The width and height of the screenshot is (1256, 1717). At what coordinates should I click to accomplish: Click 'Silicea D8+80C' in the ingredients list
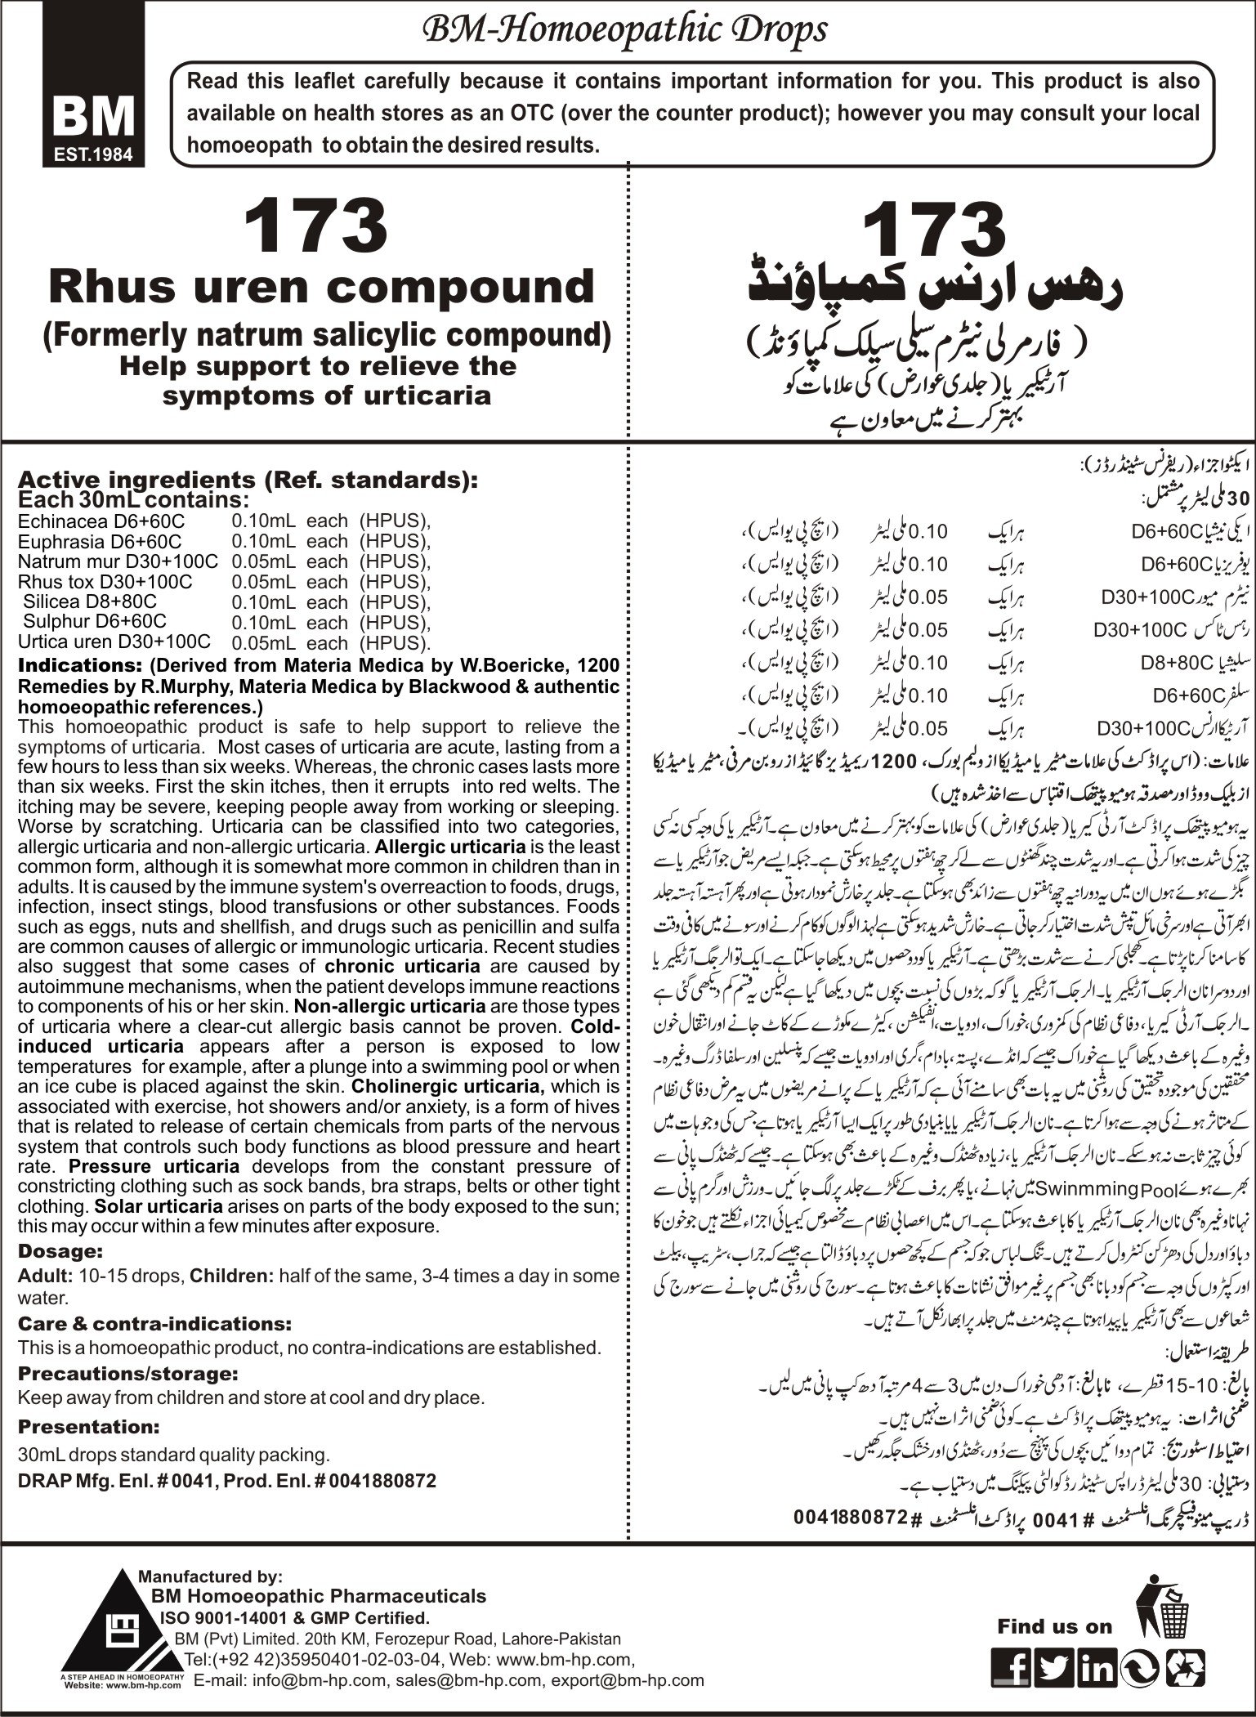tap(78, 601)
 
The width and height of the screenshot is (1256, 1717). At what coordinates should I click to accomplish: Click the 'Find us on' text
tap(1054, 1581)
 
